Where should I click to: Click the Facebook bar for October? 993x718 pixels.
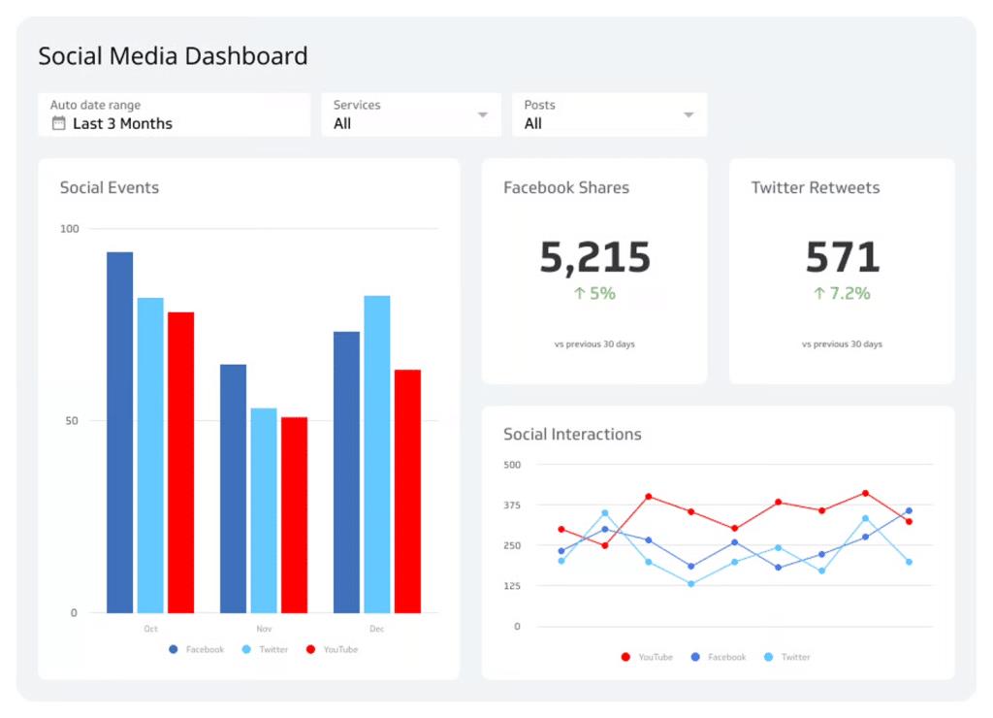pos(119,432)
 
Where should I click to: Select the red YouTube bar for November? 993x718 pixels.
pos(294,514)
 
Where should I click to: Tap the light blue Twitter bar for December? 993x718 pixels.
pos(376,454)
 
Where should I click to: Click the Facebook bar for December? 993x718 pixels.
pos(346,472)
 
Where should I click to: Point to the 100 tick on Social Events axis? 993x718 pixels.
pos(69,229)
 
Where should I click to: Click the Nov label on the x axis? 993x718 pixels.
pos(264,629)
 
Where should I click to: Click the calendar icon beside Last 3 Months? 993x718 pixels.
pos(58,123)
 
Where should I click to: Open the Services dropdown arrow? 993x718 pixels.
pos(483,114)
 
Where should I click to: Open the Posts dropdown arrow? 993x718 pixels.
pos(689,114)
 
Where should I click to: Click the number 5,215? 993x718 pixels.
pos(594,257)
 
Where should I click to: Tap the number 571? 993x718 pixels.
pos(842,257)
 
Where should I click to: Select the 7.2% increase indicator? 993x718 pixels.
pos(842,293)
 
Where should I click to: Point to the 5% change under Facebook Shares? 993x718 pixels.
pos(594,293)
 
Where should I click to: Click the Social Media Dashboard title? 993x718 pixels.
pos(173,56)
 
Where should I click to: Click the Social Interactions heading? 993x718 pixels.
pos(572,434)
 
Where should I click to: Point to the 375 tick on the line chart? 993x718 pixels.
pos(512,505)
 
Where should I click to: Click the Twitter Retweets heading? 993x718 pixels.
pos(816,187)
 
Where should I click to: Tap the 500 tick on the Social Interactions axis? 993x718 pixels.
pos(512,465)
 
